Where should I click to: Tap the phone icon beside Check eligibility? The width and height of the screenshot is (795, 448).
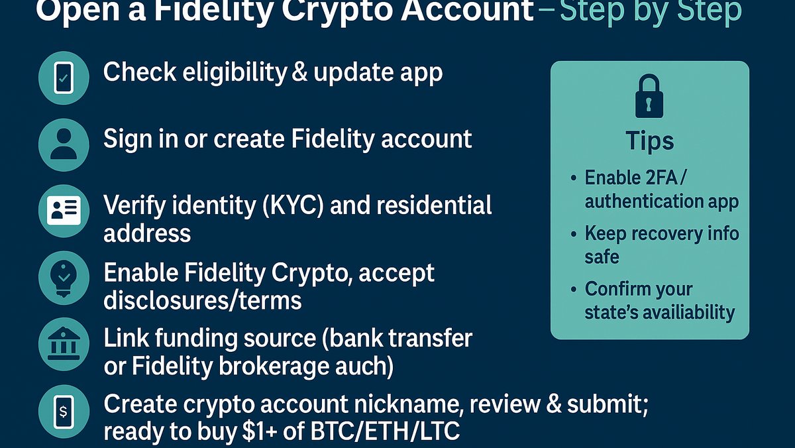(64, 79)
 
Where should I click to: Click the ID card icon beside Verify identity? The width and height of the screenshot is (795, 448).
(64, 211)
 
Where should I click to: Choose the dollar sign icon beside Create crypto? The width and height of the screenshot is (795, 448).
(64, 412)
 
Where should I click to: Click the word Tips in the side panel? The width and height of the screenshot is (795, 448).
(649, 141)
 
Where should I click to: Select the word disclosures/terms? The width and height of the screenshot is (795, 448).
(203, 301)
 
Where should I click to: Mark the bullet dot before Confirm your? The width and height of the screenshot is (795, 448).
(573, 290)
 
